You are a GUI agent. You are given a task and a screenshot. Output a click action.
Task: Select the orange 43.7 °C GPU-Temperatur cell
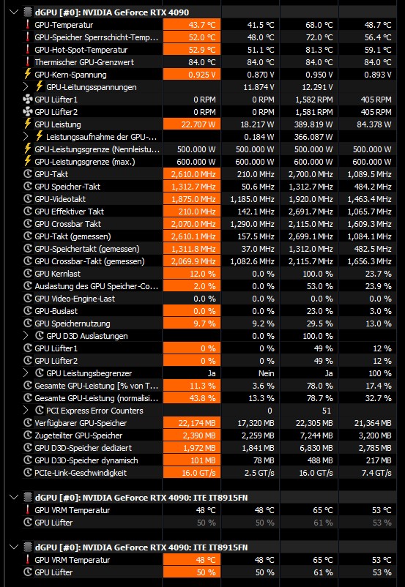coord(191,25)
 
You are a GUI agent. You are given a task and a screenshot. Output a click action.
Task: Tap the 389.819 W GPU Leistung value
coord(311,124)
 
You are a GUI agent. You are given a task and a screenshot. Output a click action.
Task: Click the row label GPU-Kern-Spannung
coord(70,75)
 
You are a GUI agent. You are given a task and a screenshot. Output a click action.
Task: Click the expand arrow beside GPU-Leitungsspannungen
coord(26,87)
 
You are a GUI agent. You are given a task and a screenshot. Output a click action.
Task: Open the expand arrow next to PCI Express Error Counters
coord(26,411)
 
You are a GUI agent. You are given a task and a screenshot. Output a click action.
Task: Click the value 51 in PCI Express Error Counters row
coord(327,411)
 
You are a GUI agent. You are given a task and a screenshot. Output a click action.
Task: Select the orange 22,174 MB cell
coord(191,423)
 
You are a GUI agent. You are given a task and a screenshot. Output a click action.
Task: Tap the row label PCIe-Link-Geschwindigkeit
coord(81,473)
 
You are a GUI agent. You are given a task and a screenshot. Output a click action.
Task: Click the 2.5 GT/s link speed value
coord(260,473)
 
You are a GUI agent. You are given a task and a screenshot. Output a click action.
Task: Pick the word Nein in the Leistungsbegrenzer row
coord(267,373)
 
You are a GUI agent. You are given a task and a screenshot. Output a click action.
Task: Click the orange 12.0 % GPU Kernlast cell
coord(191,274)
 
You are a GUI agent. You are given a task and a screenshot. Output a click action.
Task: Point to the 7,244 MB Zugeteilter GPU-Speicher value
coord(314,435)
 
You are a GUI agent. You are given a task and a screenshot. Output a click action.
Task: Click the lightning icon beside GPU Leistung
coord(27,124)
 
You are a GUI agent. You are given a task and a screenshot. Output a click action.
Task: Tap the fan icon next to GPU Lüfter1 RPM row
coord(27,100)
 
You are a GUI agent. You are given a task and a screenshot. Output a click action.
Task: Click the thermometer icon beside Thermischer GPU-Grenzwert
coord(27,62)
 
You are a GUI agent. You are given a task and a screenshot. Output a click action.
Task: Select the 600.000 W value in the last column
coord(372,162)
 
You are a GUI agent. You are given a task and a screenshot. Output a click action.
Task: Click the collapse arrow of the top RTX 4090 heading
coord(14,12)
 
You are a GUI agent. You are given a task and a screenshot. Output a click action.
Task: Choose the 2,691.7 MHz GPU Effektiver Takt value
coord(311,212)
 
